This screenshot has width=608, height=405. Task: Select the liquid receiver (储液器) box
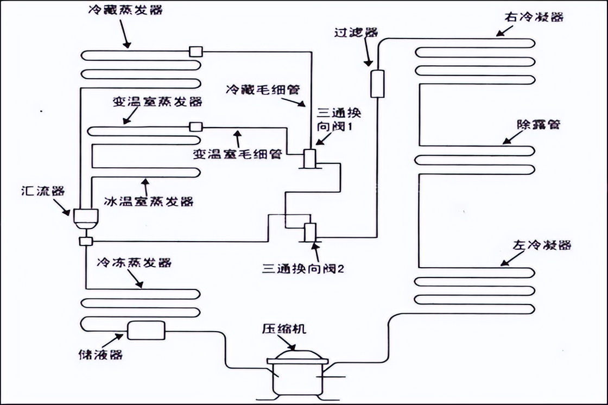(145, 330)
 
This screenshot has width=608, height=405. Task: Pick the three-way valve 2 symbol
(311, 232)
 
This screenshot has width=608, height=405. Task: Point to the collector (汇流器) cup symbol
(85, 218)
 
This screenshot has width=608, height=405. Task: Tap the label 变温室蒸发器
(157, 102)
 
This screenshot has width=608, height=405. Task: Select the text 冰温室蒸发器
(148, 201)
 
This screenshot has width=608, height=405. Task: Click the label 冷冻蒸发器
(134, 263)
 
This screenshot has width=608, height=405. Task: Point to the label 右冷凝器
(534, 17)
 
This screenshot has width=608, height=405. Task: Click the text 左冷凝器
(542, 245)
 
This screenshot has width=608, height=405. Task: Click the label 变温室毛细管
(237, 154)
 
